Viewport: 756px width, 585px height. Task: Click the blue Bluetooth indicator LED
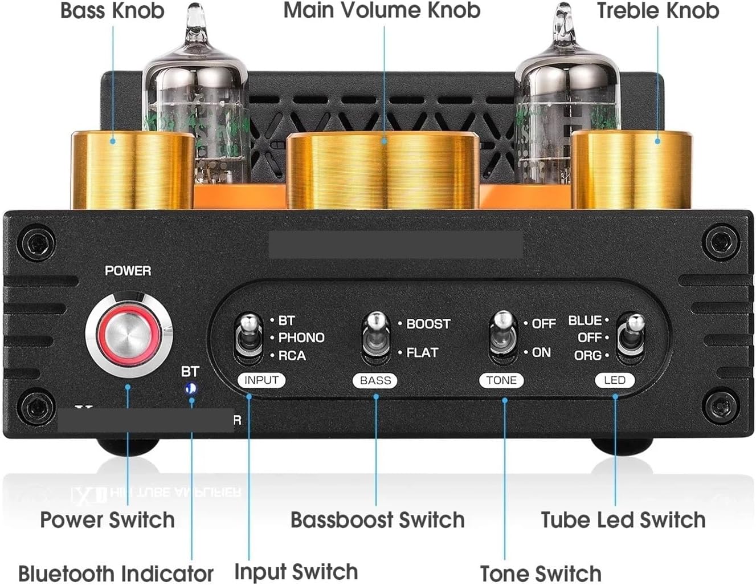coord(190,389)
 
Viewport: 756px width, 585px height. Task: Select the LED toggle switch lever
coord(632,331)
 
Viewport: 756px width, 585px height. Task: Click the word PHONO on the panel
coord(301,338)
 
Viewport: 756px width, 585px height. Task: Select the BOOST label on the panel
coord(428,324)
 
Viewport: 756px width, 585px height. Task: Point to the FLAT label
coord(422,353)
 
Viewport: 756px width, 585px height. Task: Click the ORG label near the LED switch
coord(587,355)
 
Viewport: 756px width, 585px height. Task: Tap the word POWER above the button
coord(128,271)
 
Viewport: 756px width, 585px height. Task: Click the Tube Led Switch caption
coord(623,520)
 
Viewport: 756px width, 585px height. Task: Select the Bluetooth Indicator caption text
coord(116,573)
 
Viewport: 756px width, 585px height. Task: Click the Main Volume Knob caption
coord(382,10)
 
